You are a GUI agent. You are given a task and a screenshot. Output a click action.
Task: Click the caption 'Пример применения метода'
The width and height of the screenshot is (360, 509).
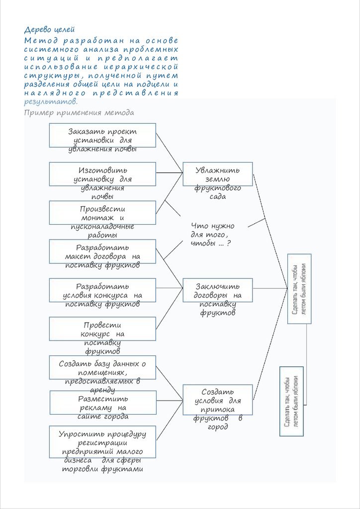[x=79, y=112]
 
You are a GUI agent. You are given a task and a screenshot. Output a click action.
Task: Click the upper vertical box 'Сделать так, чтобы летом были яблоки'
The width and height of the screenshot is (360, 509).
[x=300, y=289]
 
